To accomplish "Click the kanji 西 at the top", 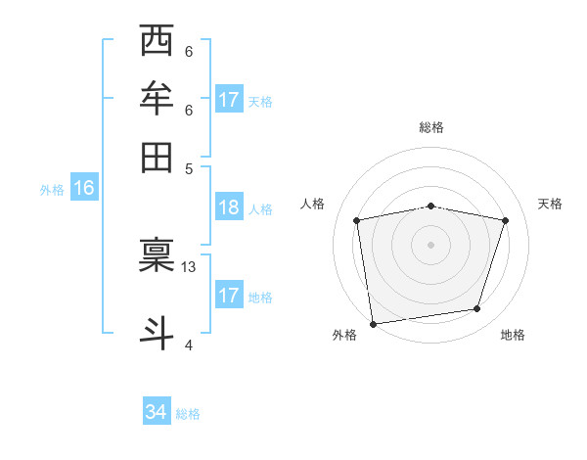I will (157, 41).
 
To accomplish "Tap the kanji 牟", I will (157, 99).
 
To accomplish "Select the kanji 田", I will (157, 157).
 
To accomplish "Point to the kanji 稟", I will (157, 256).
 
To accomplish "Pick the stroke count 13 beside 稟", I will (189, 266).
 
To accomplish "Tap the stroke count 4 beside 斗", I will (188, 344).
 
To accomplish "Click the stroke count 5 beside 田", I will (188, 167).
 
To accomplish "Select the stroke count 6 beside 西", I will (188, 52).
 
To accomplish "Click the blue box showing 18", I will (229, 207).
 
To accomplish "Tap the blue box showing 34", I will (156, 413).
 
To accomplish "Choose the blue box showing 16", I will (83, 189).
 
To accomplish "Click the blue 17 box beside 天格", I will (229, 100).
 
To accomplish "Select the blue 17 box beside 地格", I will (229, 296).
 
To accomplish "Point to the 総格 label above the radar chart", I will (431, 127).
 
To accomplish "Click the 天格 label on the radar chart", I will (550, 204).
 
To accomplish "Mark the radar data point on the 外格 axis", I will (373, 323).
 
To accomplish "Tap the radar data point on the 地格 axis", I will (477, 309).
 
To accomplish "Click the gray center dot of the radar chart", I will (430, 244).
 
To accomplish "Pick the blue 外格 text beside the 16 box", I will (52, 190).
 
